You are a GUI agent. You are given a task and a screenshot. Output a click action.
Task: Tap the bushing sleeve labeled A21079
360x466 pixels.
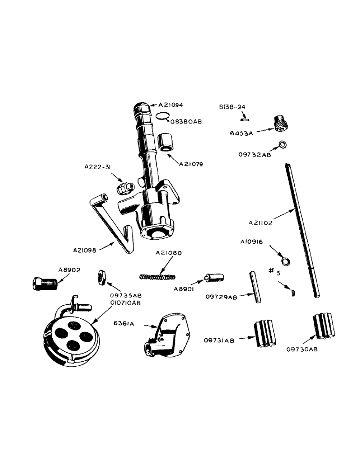[x=166, y=142]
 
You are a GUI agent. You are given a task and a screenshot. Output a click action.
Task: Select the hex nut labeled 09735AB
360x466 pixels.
[x=103, y=277]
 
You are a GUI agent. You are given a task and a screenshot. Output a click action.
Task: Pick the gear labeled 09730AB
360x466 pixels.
[x=323, y=326]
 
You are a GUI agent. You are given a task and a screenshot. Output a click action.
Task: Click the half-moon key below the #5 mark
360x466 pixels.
[x=292, y=293]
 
